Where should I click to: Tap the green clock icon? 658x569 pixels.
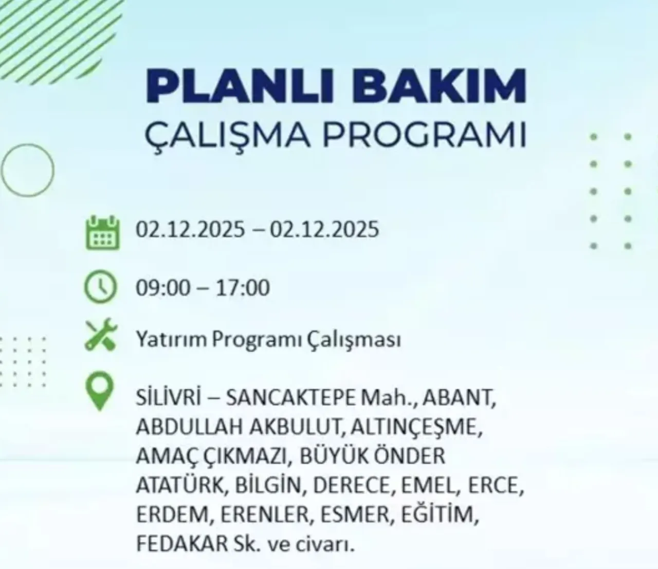point(101,288)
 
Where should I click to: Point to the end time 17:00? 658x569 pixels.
point(243,288)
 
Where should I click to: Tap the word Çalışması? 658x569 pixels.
point(354,340)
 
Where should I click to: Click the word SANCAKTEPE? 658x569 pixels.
point(291,398)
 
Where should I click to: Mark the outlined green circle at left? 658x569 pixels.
point(27,170)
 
